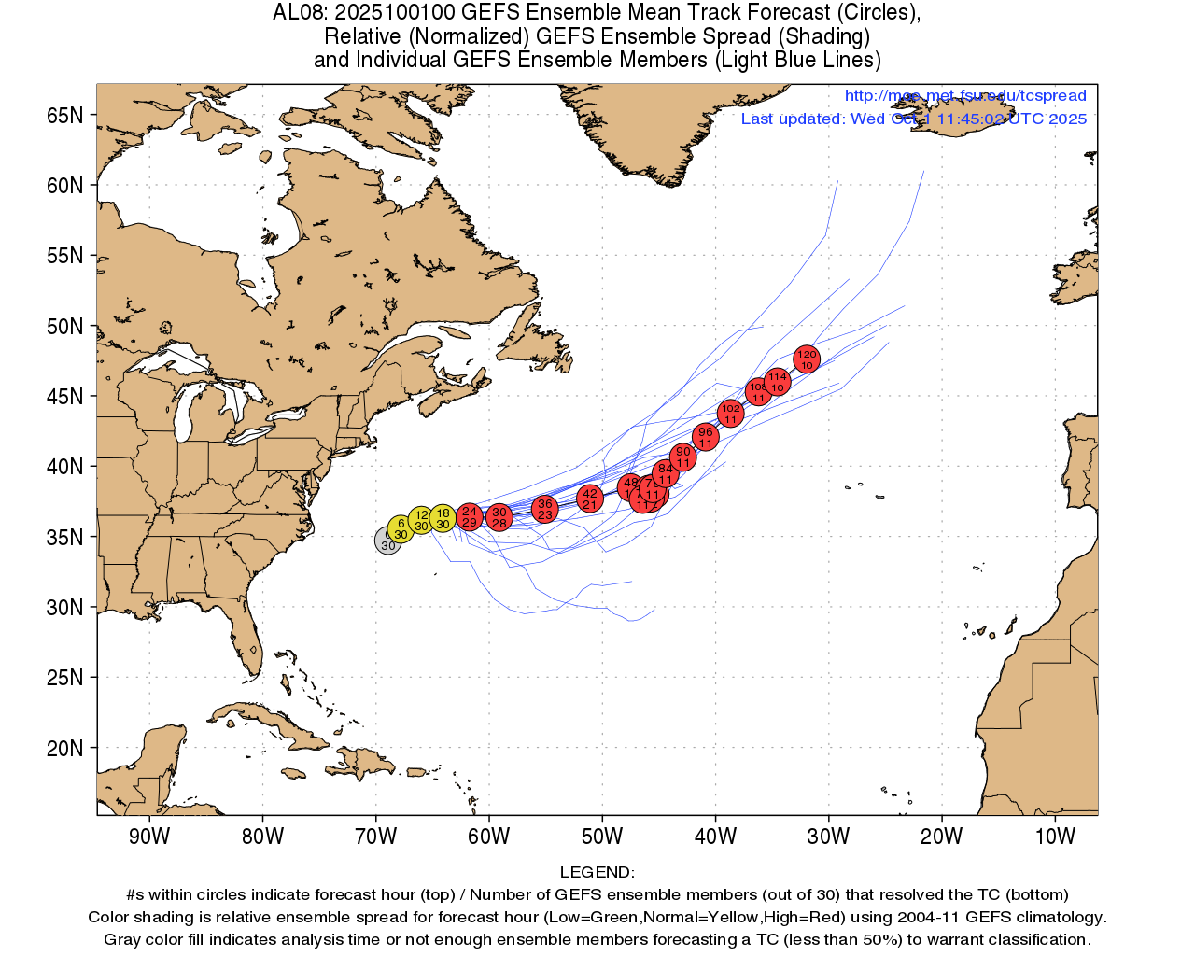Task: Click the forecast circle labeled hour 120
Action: [x=807, y=358]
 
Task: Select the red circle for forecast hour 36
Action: [x=545, y=509]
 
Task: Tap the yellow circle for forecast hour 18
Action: [x=443, y=518]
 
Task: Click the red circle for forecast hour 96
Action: [x=706, y=436]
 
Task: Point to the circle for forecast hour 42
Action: [x=589, y=499]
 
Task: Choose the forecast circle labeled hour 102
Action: [x=730, y=413]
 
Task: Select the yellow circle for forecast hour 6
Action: [x=401, y=529]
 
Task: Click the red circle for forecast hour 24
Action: [x=470, y=516]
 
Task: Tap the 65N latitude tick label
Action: [x=65, y=115]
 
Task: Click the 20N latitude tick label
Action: [x=65, y=748]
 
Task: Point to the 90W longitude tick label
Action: [x=149, y=836]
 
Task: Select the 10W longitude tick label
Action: [x=1055, y=836]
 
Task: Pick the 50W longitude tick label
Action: [x=602, y=836]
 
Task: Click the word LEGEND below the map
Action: [x=597, y=872]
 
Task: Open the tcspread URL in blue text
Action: [x=965, y=95]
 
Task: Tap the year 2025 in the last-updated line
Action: [x=1067, y=119]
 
